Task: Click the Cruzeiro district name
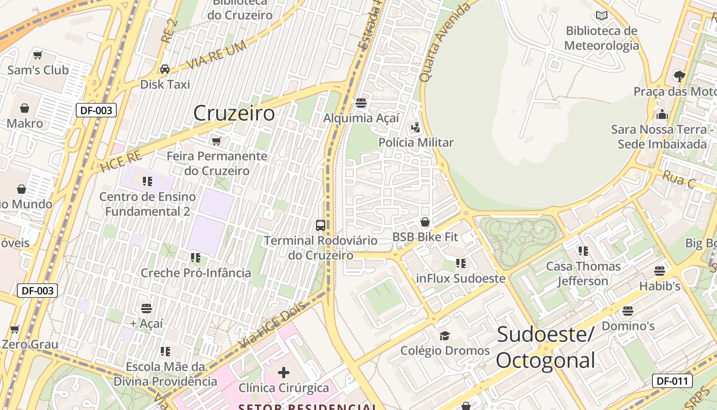point(234,113)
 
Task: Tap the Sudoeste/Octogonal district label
point(545,347)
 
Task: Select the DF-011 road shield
point(672,381)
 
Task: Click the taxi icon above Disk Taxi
point(165,69)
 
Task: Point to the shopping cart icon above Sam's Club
point(37,55)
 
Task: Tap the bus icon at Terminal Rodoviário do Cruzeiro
point(321,225)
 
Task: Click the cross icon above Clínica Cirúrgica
point(284,373)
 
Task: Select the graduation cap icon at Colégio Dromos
point(445,336)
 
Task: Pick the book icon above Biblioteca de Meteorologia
point(602,16)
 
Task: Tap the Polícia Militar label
point(416,142)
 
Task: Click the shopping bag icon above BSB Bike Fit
point(425,222)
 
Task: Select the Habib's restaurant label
point(660,286)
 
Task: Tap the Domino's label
point(628,326)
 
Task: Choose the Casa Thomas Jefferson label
point(583,274)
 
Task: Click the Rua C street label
point(679,180)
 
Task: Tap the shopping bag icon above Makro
point(25,108)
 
